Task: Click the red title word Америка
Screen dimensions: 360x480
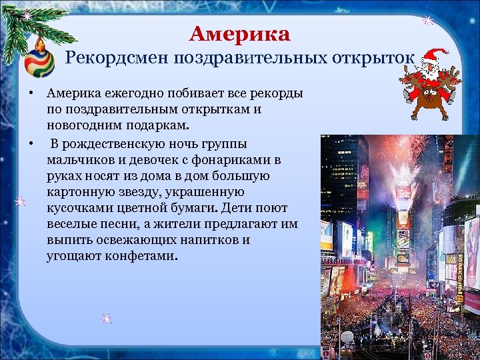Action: tap(240, 34)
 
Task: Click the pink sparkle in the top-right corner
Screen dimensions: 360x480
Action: tap(428, 21)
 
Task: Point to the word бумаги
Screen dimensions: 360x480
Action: tap(182, 207)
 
